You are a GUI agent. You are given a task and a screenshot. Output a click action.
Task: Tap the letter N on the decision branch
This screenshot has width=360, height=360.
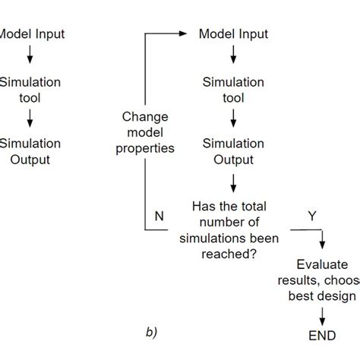coord(159,215)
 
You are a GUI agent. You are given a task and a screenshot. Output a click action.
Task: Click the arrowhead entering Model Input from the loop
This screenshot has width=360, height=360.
coord(183,33)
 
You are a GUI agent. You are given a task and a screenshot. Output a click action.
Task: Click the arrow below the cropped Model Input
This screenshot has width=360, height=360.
coord(29,55)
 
